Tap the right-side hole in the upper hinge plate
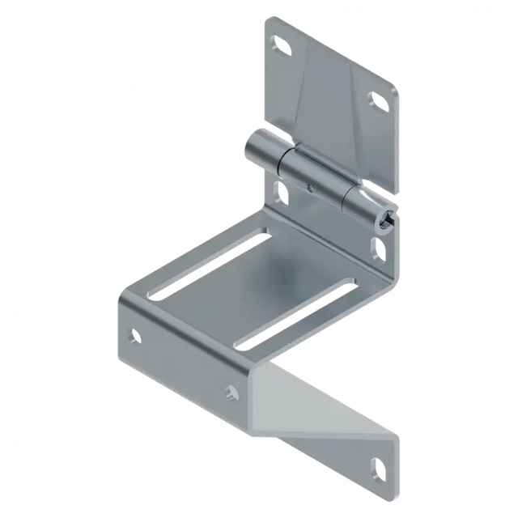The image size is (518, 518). coord(377,100)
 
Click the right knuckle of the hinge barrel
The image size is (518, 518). coord(368,204)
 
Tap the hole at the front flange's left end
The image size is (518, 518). coord(134,333)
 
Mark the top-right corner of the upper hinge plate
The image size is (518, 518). coord(399,91)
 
